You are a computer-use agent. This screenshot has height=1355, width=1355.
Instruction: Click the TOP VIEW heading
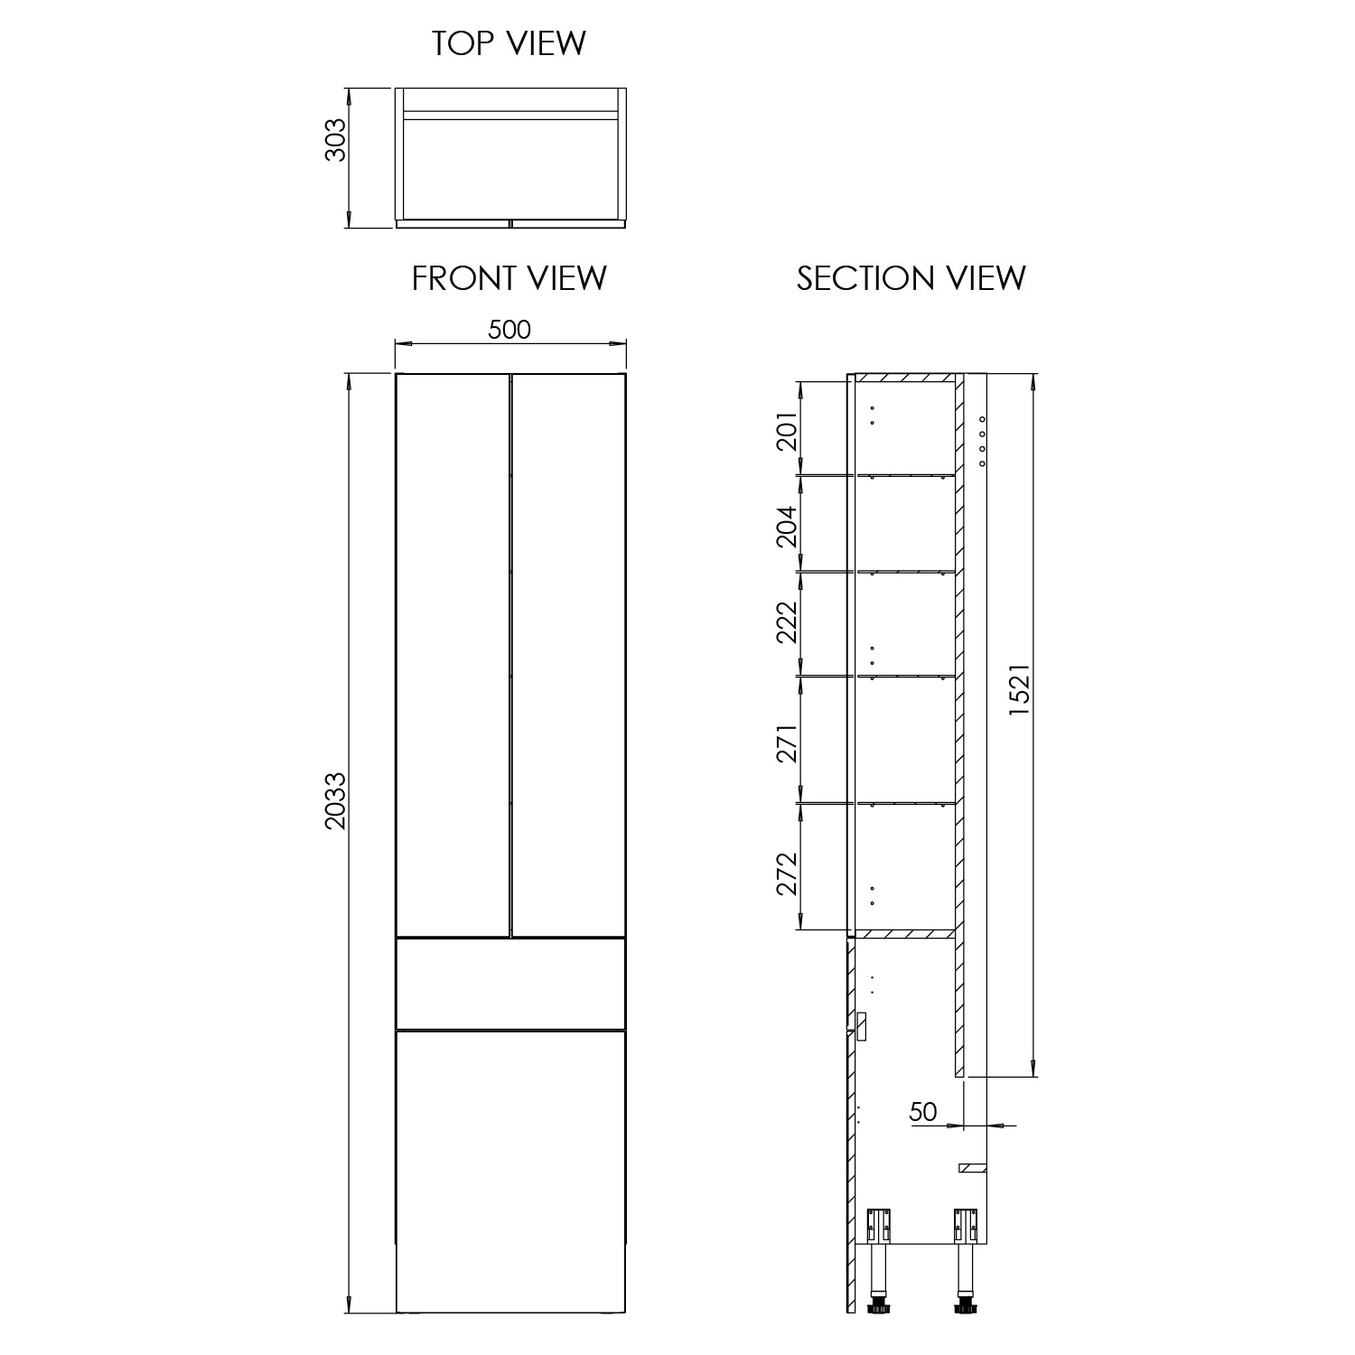point(509,43)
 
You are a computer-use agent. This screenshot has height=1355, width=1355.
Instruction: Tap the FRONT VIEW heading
point(509,278)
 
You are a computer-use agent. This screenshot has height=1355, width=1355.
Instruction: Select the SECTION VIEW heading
point(911,278)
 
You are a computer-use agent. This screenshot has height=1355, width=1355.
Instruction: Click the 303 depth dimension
point(335,140)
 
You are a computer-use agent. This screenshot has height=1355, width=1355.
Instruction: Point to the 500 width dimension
point(509,330)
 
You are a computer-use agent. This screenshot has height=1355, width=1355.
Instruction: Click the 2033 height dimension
point(335,801)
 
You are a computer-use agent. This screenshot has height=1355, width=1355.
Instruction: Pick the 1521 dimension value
point(1019,691)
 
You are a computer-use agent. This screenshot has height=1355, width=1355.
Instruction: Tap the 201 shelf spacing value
point(787,431)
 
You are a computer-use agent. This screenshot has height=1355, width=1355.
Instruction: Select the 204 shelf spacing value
point(787,527)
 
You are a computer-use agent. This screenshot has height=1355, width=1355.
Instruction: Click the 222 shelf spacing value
point(787,622)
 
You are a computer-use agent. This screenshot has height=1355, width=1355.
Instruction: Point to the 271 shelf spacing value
point(787,743)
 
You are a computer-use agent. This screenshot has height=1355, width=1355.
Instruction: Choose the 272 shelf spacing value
point(787,874)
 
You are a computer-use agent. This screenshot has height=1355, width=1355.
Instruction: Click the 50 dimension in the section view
point(923,1111)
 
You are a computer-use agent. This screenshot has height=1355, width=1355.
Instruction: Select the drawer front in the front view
point(510,984)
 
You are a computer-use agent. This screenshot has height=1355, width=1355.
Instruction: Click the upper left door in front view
point(453,655)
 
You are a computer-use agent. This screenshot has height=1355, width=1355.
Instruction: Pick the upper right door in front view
point(568,655)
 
